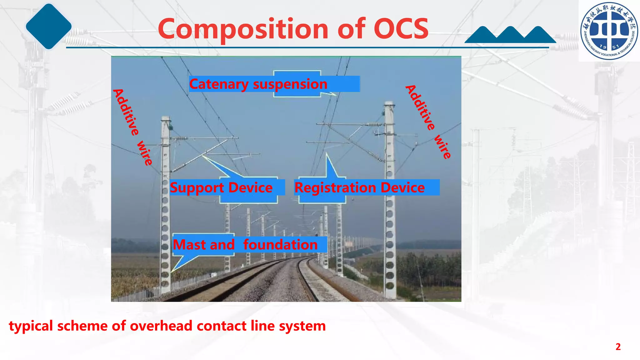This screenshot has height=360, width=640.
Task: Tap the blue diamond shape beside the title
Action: (x=48, y=27)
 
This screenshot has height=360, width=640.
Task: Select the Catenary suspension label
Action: (x=258, y=84)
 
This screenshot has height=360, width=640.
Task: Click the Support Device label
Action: (x=221, y=187)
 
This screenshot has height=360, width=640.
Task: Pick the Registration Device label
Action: (x=359, y=187)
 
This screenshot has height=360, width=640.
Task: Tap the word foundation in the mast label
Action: (x=280, y=244)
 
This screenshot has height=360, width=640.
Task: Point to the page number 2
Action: (x=618, y=347)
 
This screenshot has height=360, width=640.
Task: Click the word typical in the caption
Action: (x=31, y=326)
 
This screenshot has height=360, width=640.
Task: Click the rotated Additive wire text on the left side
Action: (x=132, y=127)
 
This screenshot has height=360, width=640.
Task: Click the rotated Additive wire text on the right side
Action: (x=428, y=122)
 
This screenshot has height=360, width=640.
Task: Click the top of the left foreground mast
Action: (x=166, y=119)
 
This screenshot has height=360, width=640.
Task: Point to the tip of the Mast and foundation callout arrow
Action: (x=172, y=271)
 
